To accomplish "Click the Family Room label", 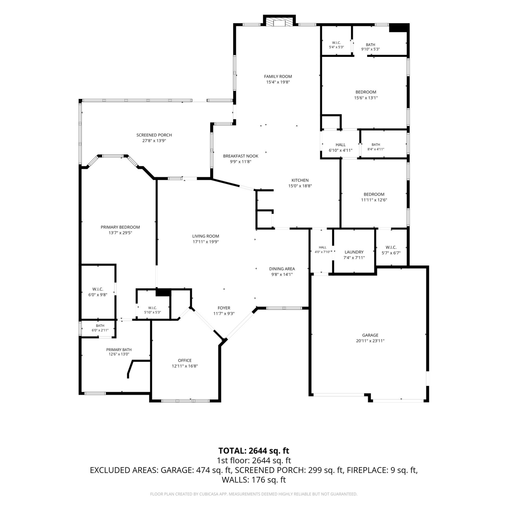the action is [278, 77].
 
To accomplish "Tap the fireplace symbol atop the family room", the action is [279, 22].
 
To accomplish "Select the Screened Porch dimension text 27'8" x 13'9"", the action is [154, 141].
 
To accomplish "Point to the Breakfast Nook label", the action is [241, 156].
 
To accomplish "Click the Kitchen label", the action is [300, 180].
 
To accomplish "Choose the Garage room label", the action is [370, 335].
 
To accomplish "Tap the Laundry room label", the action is [354, 252].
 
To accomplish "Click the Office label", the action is [185, 360].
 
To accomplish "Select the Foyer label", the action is [224, 308].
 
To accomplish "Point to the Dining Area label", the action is [282, 269].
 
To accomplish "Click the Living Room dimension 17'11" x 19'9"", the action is [206, 242].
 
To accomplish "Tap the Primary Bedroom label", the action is [120, 227].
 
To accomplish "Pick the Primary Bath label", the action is [119, 350].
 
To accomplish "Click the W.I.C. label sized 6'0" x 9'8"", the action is [98, 289].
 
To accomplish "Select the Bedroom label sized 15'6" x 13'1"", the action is [366, 92].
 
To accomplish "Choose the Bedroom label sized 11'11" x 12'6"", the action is [374, 194].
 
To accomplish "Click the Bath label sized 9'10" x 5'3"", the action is [371, 45].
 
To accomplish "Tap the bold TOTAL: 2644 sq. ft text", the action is [254, 451].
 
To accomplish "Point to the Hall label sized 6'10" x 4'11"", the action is [341, 145].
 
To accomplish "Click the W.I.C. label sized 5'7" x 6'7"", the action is [391, 247].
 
